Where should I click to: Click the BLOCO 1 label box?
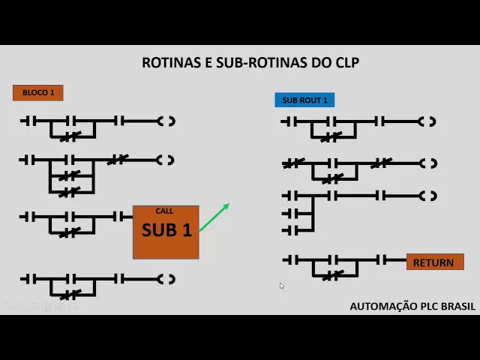click(x=38, y=93)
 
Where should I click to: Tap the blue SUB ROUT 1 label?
click(x=304, y=100)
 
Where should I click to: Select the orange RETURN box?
click(x=434, y=262)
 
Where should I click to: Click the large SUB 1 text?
click(x=166, y=230)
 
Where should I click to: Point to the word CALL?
click(x=164, y=211)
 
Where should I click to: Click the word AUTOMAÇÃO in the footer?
click(x=380, y=306)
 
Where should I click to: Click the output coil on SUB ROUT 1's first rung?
click(x=428, y=121)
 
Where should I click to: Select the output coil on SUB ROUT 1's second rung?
click(x=429, y=163)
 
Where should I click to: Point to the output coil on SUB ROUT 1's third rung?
click(x=429, y=196)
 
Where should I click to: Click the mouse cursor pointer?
click(x=282, y=286)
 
